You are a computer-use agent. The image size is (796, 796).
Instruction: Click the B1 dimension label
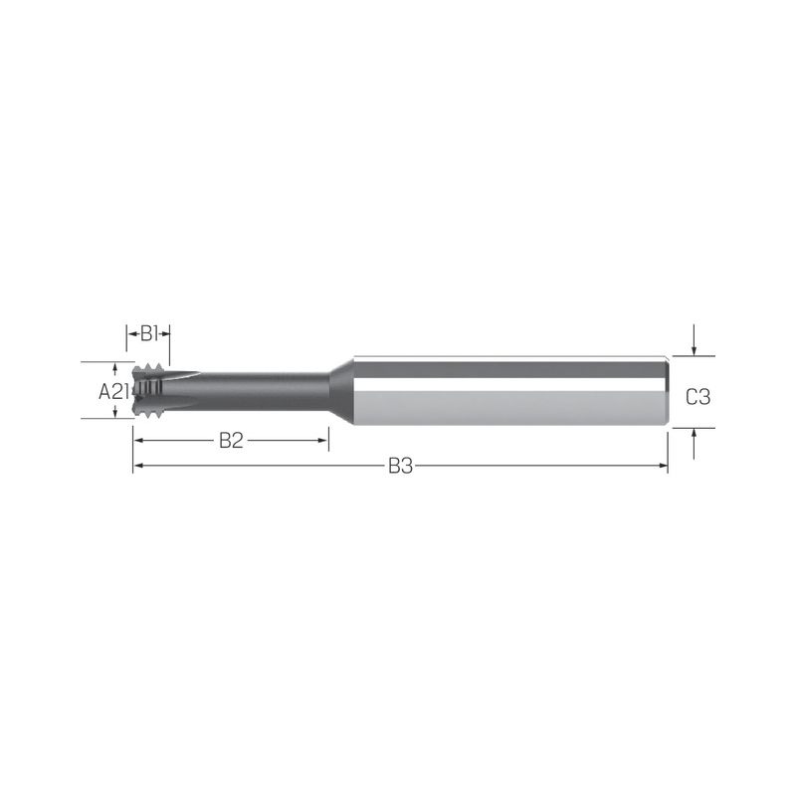tap(148, 334)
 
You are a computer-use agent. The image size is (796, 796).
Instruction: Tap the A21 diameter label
tap(113, 391)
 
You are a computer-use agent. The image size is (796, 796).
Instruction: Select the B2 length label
tap(231, 441)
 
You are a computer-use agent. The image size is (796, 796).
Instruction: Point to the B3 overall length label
tap(401, 466)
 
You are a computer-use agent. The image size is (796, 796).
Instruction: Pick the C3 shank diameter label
tap(698, 396)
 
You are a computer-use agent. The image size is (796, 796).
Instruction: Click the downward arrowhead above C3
tap(694, 351)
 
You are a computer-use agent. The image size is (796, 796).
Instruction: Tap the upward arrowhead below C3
tap(694, 433)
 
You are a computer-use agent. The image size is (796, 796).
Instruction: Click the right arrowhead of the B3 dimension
tap(663, 466)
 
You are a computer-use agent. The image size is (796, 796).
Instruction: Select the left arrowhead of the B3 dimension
tap(138, 466)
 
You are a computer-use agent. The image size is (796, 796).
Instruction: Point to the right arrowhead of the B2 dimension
tap(323, 440)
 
